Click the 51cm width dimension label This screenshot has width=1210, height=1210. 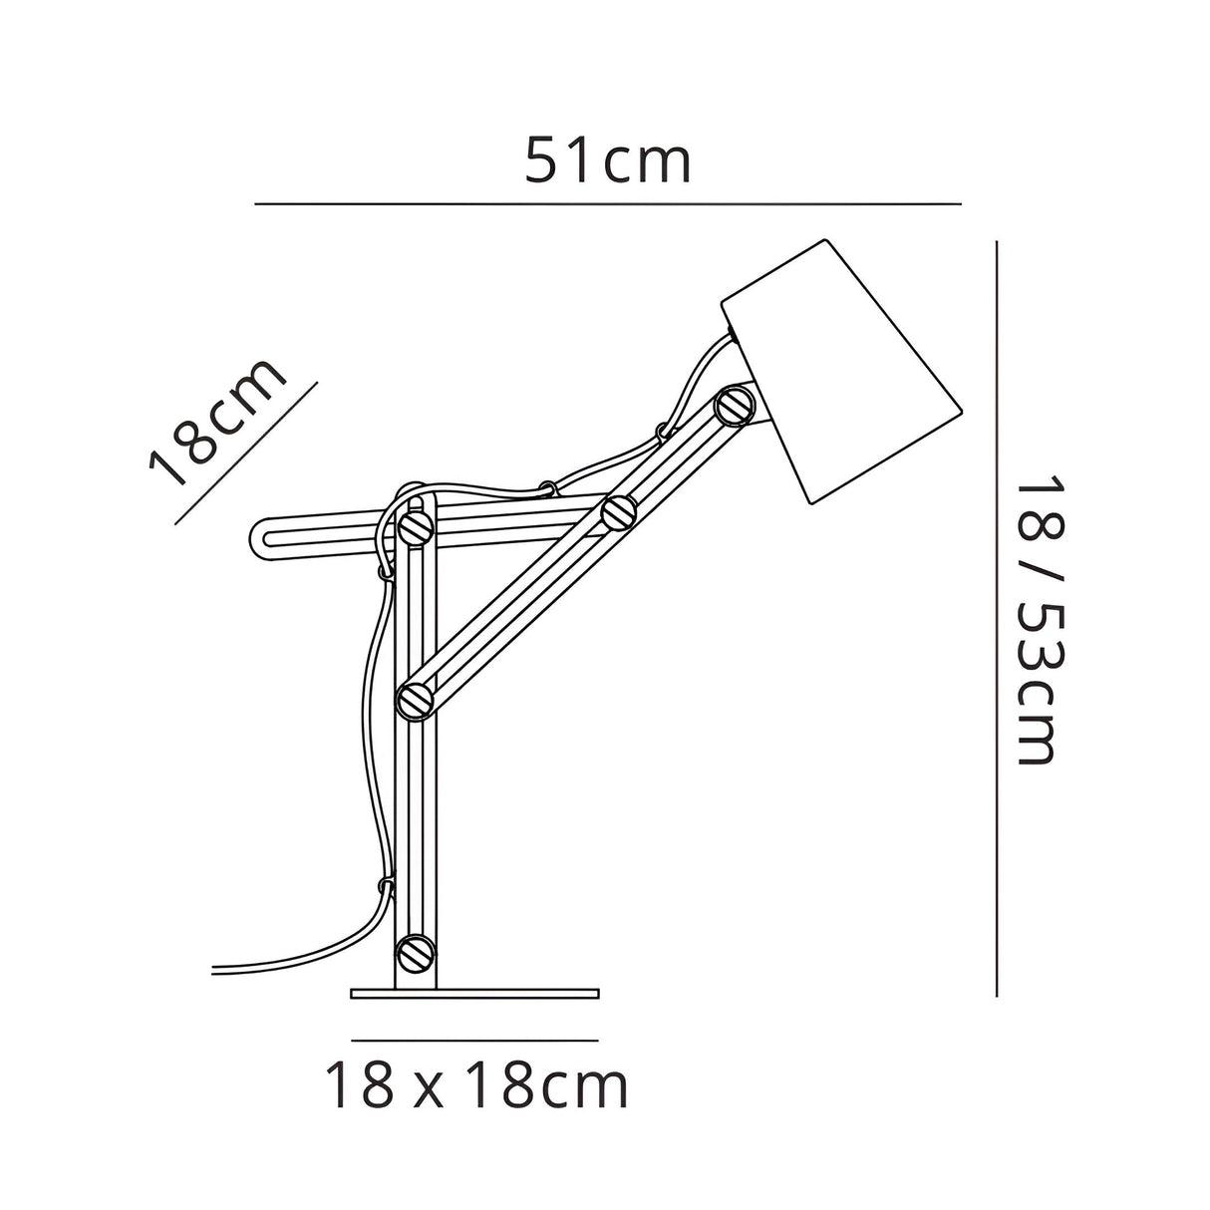click(608, 161)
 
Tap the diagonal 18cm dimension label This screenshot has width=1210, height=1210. click(216, 424)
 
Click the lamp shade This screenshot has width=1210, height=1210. click(841, 372)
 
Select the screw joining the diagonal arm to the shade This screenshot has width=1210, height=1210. click(736, 406)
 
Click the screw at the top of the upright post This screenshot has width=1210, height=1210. click(416, 526)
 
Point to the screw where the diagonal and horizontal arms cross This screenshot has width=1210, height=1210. click(619, 512)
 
